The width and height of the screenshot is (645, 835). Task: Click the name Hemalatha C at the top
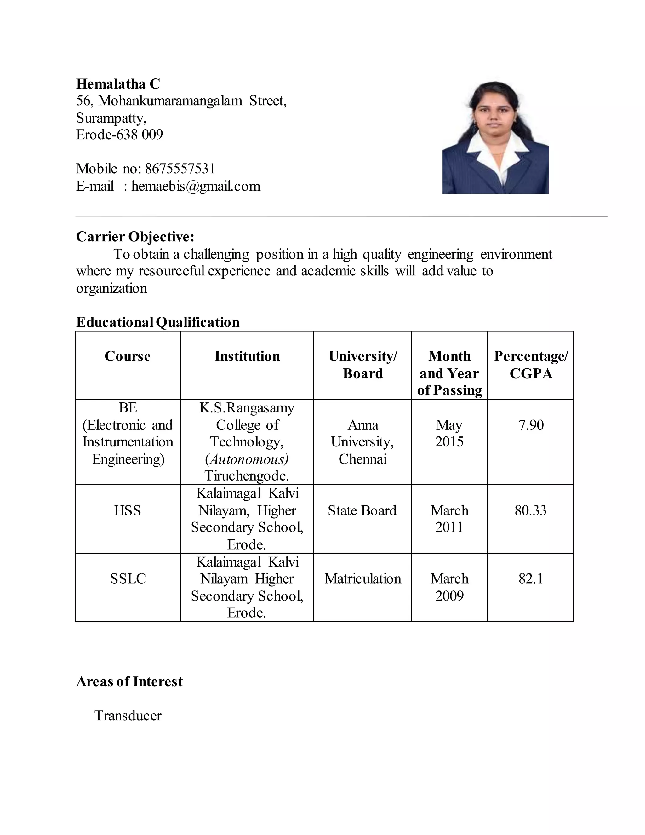118,84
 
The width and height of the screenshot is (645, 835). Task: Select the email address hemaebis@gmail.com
196,186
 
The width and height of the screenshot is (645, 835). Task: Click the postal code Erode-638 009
119,135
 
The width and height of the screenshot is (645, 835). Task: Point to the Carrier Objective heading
135,237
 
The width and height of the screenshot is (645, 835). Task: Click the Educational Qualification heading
158,322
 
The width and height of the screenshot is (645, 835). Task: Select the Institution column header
247,356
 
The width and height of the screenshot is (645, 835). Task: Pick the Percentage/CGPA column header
531,365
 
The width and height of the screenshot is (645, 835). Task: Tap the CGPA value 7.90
531,425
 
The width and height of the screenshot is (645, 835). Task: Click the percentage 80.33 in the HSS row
530,511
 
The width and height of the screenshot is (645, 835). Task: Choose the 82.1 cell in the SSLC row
531,579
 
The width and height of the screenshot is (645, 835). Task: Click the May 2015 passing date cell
449,434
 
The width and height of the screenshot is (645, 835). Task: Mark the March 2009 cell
449,587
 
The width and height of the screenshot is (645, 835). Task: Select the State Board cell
362,511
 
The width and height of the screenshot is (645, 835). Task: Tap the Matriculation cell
362,579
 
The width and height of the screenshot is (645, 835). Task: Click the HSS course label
127,511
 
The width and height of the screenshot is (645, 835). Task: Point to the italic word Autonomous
247,459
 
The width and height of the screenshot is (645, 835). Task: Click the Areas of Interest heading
129,681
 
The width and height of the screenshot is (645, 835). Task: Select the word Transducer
128,715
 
